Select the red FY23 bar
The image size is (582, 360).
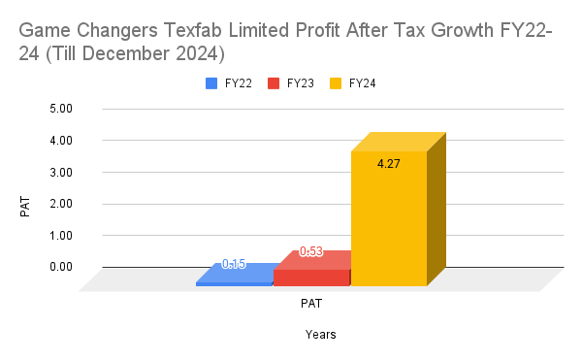tap(311, 278)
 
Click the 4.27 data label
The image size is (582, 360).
tap(388, 163)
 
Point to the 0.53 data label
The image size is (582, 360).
tap(310, 251)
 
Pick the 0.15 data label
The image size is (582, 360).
tap(234, 264)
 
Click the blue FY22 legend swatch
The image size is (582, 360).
tap(211, 83)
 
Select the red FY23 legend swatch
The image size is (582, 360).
tap(275, 83)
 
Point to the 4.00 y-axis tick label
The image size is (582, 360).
tap(60, 141)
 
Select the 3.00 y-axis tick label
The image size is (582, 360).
tap(60, 173)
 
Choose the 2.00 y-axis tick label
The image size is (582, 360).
tap(60, 204)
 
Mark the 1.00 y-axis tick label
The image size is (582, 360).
tap(60, 236)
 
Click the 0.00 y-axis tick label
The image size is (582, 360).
tap(60, 267)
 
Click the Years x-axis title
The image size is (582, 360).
tap(320, 335)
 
